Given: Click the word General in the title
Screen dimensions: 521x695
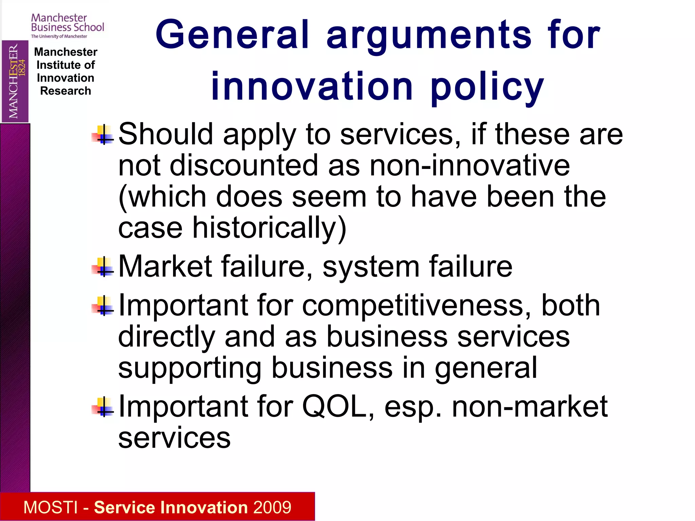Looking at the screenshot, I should pos(232,35).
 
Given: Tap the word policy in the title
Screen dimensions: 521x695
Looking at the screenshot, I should pos(487,88).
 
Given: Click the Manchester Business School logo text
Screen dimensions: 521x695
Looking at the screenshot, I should pos(67,23).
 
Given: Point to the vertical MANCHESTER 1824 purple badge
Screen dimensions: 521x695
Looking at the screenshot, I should pos(15,81).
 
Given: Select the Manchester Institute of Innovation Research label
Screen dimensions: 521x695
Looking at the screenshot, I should pos(65,71).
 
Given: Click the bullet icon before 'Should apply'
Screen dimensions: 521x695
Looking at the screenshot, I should pos(103,135).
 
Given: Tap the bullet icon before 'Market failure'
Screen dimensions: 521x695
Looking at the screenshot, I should pos(103,267).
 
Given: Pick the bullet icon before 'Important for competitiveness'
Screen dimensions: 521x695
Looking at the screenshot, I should pos(103,306).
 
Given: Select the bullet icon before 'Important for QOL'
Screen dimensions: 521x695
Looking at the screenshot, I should pos(103,407).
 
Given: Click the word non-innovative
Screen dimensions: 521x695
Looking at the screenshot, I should pos(470,166).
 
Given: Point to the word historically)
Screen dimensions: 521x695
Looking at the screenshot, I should pos(269,228).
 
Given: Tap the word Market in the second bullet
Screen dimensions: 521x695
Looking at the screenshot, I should pos(165,267).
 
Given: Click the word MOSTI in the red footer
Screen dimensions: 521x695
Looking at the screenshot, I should pos(51,507).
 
